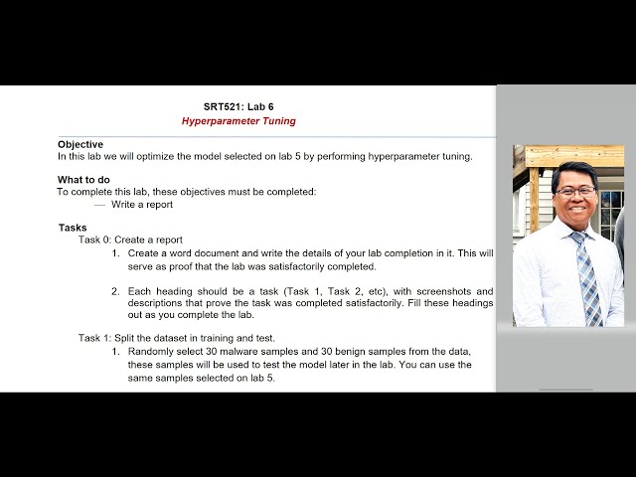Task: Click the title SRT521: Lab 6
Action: [x=238, y=106]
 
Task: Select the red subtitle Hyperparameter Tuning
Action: [x=238, y=121]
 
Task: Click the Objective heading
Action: [x=80, y=144]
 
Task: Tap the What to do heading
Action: [x=83, y=180]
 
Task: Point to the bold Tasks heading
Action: [x=73, y=228]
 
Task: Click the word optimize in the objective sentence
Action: [x=170, y=156]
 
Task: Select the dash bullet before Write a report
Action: [x=99, y=205]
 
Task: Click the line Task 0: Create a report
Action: [x=130, y=240]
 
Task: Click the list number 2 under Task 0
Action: [x=115, y=292]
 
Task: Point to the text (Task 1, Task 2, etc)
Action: [x=320, y=292]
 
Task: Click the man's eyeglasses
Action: [x=575, y=190]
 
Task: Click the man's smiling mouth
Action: [x=577, y=210]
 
